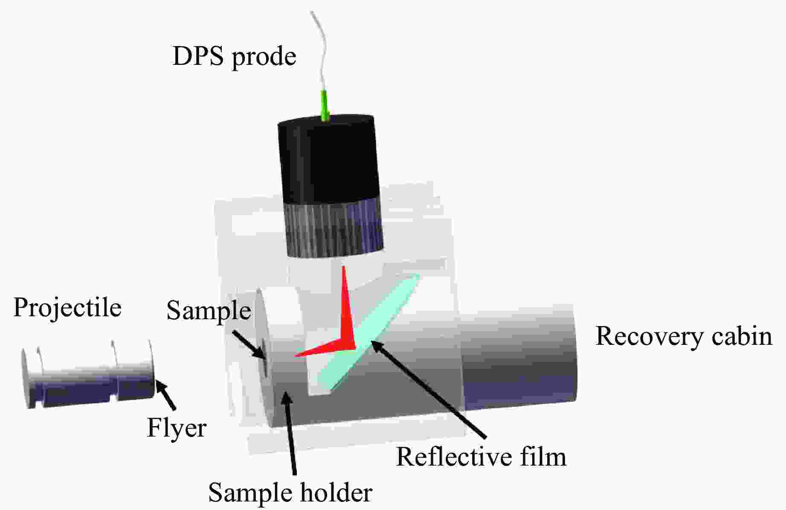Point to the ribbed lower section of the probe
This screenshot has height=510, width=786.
pos(334,228)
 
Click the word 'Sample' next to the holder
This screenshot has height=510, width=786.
pos(208,310)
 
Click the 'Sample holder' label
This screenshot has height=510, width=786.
pos(290,493)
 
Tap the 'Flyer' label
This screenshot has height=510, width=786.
pos(177,428)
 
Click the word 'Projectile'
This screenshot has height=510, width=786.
pos(67,308)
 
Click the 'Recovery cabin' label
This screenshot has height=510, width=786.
pos(683,336)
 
